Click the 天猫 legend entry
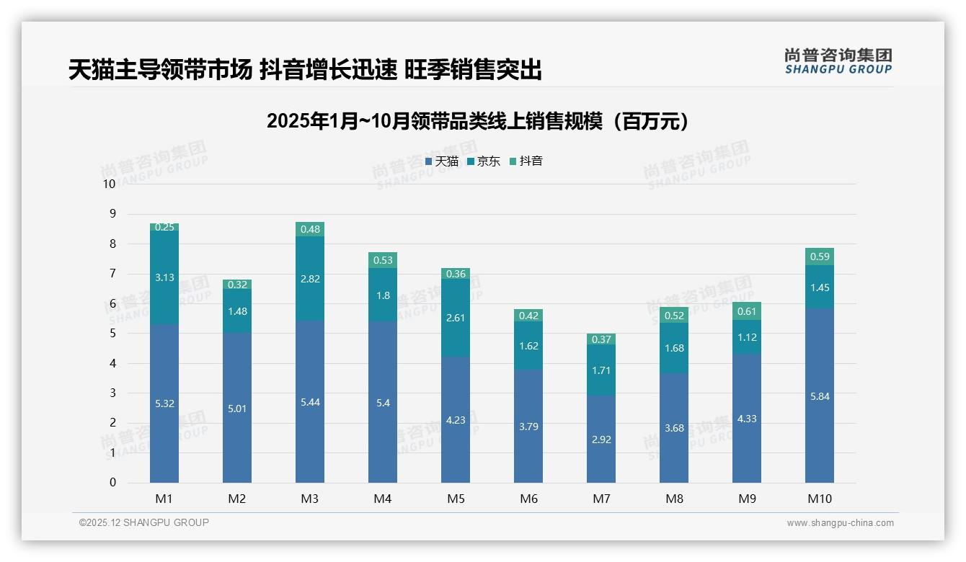pyautogui.click(x=441, y=161)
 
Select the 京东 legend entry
pyautogui.click(x=483, y=161)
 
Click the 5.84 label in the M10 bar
pyautogui.click(x=820, y=396)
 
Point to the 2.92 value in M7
pyautogui.click(x=601, y=440)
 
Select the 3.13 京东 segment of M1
pyautogui.click(x=164, y=277)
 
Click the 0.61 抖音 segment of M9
pyautogui.click(x=747, y=311)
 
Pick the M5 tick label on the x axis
pyautogui.click(x=456, y=499)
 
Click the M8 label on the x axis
pyautogui.click(x=674, y=499)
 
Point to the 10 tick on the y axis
pyautogui.click(x=109, y=184)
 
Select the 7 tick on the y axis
pyautogui.click(x=112, y=274)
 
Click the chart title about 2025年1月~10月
pyautogui.click(x=477, y=121)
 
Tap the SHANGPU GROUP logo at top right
pyautogui.click(x=838, y=61)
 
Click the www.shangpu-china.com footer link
pyautogui.click(x=840, y=523)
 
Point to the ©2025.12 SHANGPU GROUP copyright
pyautogui.click(x=144, y=523)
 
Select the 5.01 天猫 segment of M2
pyautogui.click(x=237, y=409)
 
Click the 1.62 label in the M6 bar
pyautogui.click(x=528, y=346)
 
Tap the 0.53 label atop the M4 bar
pyautogui.click(x=383, y=260)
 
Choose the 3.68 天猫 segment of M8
pyautogui.click(x=674, y=428)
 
